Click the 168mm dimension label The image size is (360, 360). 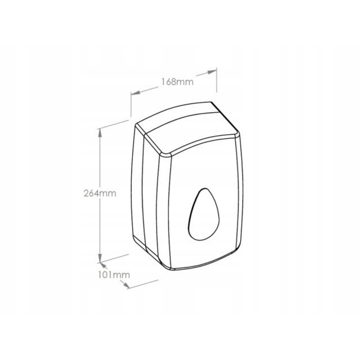tap(177, 81)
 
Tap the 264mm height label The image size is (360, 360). tap(100, 193)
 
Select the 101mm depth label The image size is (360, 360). tap(114, 275)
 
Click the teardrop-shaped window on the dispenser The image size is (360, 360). tap(204, 215)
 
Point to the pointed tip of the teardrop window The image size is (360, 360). tap(204, 189)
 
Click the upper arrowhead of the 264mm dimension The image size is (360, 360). tap(100, 133)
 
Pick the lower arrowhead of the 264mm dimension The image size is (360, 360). tap(100, 257)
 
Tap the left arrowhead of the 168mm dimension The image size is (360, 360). tap(136, 93)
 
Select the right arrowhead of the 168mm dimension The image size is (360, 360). tap(212, 72)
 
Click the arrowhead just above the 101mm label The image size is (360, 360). tap(103, 266)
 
